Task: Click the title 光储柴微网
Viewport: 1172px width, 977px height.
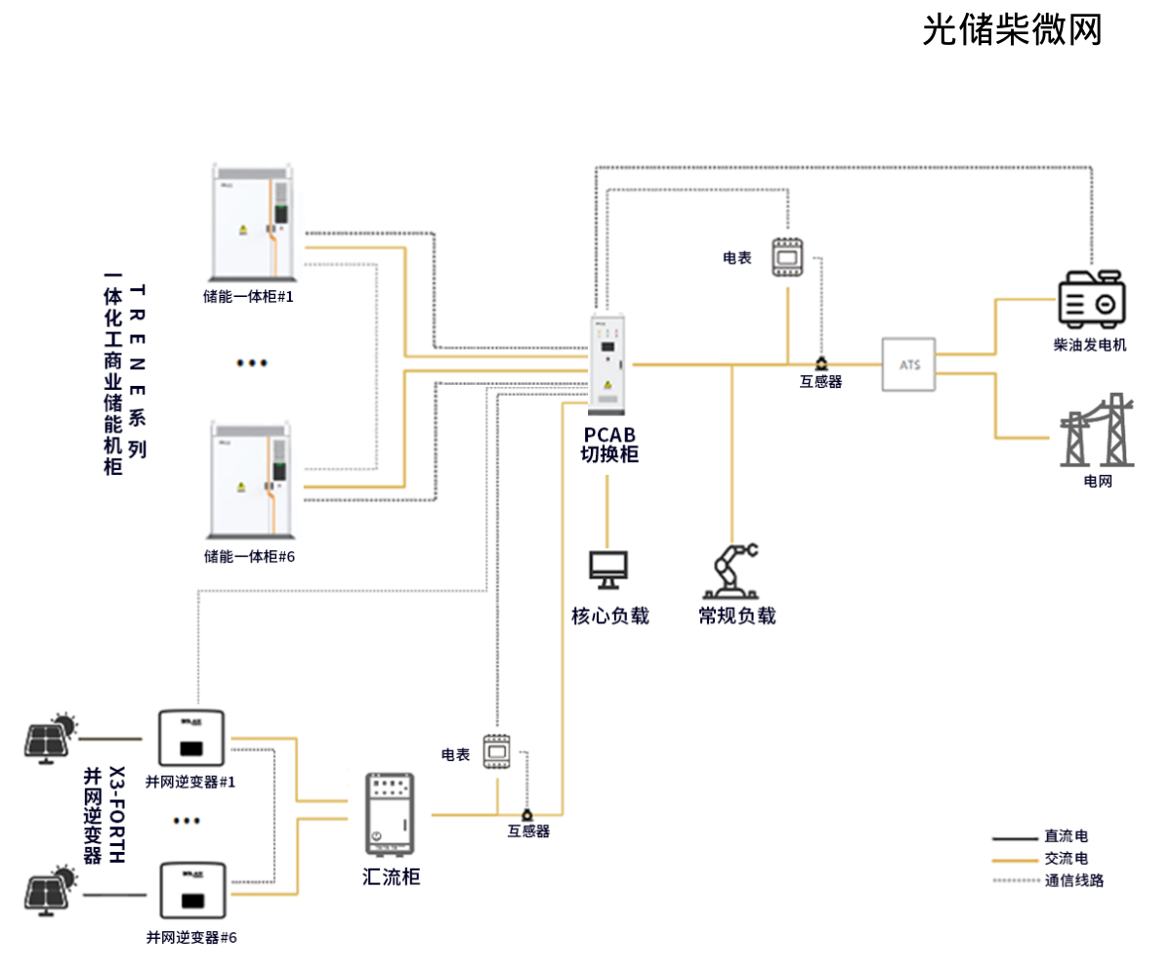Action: [x=1012, y=30]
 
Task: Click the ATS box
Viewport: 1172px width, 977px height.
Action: [x=908, y=364]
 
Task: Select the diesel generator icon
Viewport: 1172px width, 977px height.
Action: [x=1091, y=299]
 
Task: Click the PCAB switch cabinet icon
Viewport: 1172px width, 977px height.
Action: [x=607, y=361]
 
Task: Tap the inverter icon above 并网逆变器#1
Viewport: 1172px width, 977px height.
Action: [x=190, y=739]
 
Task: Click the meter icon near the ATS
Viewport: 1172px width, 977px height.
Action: [x=786, y=257]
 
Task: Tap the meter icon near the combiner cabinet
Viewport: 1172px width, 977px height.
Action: [x=498, y=751]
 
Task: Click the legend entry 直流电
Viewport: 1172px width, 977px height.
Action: [x=1066, y=836]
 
